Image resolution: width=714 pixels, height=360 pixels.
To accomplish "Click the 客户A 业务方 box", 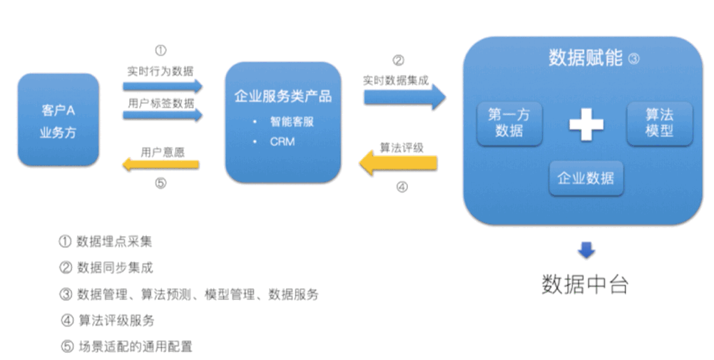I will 58,120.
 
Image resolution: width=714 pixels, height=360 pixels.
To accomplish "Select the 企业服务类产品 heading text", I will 283,97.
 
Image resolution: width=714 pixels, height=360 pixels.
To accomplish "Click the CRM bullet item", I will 282,141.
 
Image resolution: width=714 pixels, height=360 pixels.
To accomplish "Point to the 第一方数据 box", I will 509,123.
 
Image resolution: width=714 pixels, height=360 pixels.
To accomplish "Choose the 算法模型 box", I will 659,123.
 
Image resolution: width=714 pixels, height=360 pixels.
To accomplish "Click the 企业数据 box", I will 586,178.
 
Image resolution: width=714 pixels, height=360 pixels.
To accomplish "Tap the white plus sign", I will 586,124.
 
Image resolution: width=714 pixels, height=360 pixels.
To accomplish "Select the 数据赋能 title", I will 586,58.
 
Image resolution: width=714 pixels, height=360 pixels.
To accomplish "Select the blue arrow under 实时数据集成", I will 404,96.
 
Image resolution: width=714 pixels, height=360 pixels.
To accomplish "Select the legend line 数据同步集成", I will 106,268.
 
